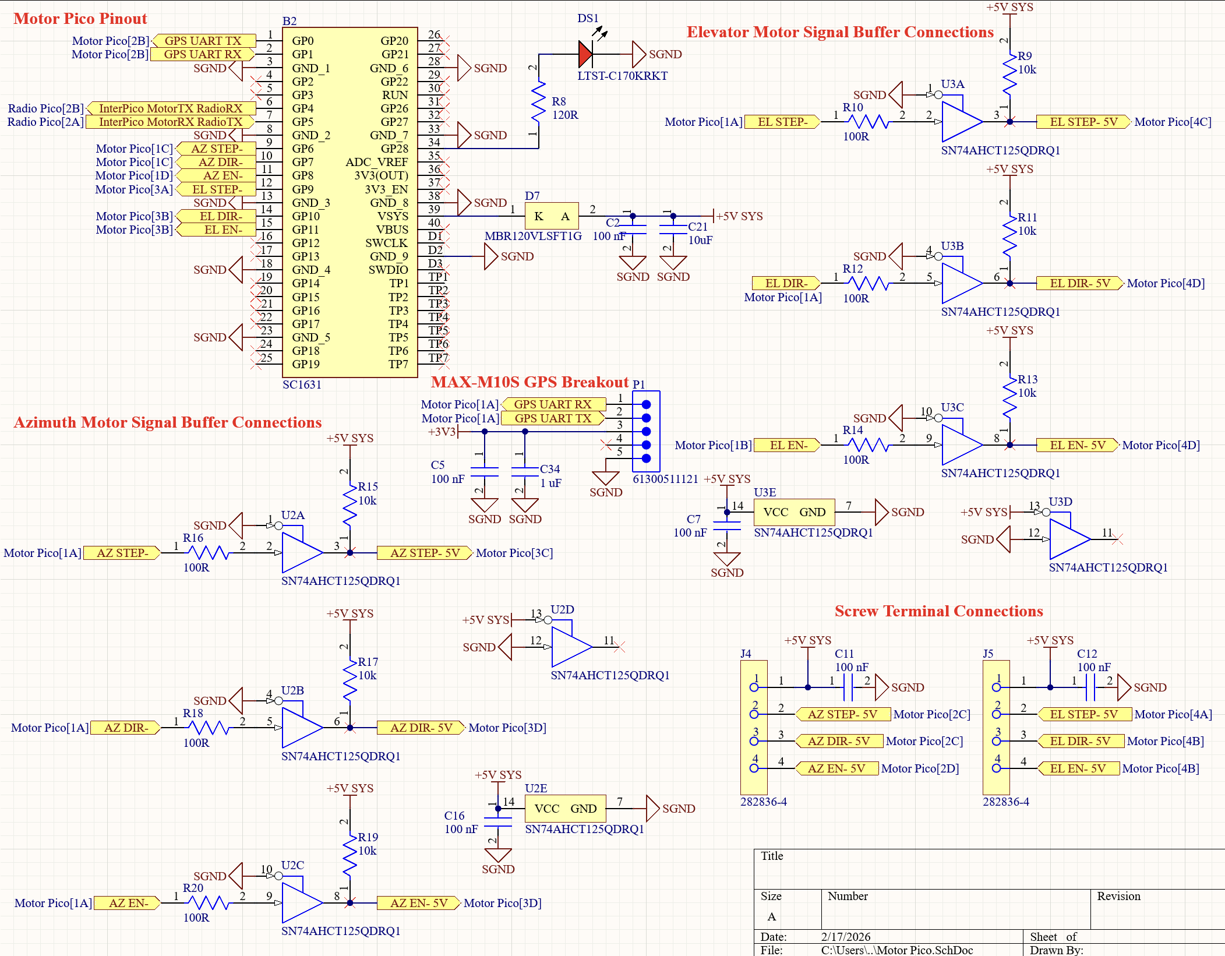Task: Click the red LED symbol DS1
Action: (586, 54)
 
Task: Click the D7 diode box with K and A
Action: (552, 216)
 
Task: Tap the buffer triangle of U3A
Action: (960, 122)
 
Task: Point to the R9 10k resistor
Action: (1009, 74)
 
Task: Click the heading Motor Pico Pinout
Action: (80, 19)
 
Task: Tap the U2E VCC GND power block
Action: (565, 809)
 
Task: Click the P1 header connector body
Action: (646, 431)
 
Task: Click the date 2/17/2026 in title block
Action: (845, 937)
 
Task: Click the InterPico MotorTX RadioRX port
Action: (170, 108)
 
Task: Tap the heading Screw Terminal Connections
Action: (938, 611)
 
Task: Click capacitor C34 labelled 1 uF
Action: (525, 472)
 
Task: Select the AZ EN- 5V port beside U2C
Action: (418, 903)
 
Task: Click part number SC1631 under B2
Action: (302, 384)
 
